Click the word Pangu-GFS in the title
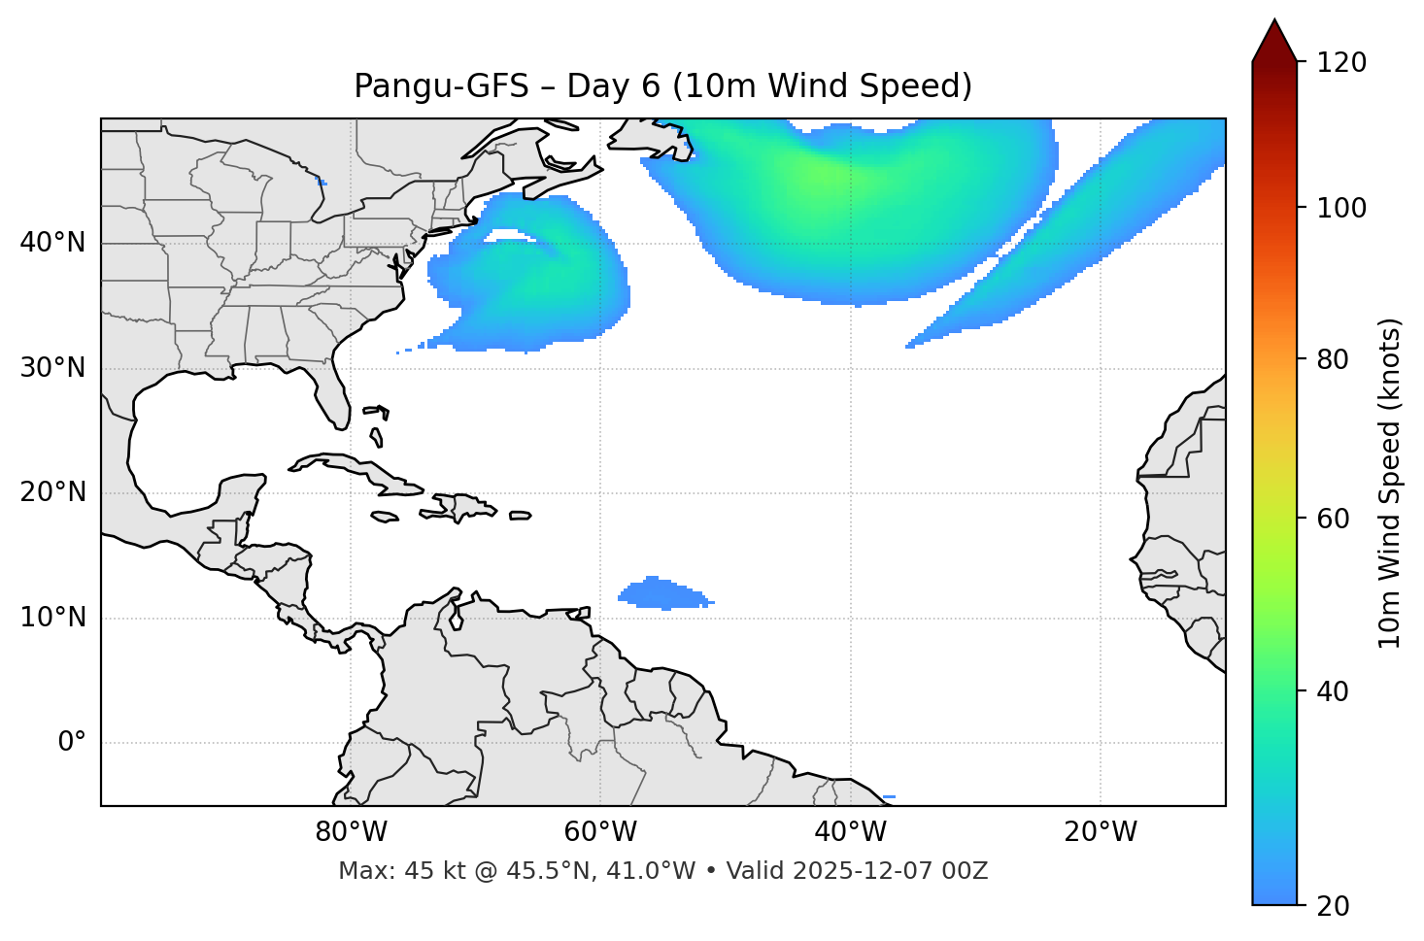coord(441,86)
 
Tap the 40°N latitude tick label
coord(52,243)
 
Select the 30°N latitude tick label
coord(52,368)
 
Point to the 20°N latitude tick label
coord(52,492)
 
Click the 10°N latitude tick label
coord(52,618)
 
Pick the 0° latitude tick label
coord(72,743)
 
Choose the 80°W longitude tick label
coord(351,832)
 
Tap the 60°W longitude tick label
coord(600,832)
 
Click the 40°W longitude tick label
coord(850,832)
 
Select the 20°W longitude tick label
coord(1101,832)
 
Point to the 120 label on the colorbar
coord(1341,63)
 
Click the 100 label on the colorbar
coord(1341,208)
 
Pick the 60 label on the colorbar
coord(1335,519)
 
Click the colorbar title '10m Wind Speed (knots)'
coord(1390,484)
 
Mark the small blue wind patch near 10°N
coord(664,593)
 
